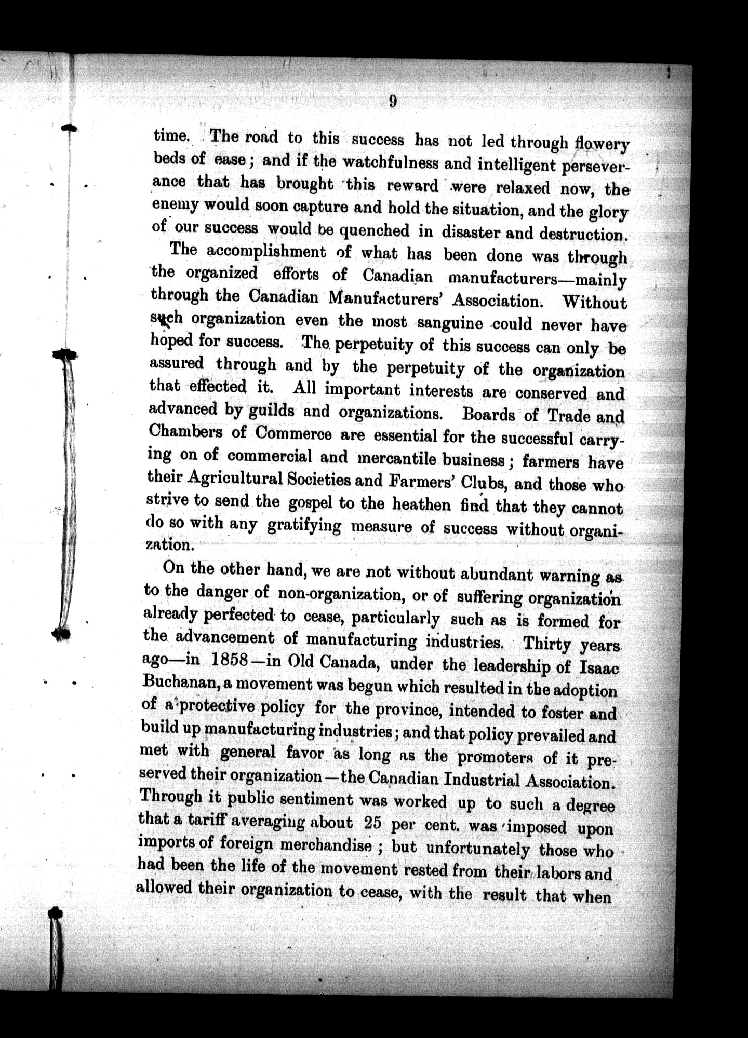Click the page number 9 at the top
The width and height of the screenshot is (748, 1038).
392,101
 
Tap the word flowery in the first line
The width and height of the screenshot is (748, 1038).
602,144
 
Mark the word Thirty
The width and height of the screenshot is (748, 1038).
546,644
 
